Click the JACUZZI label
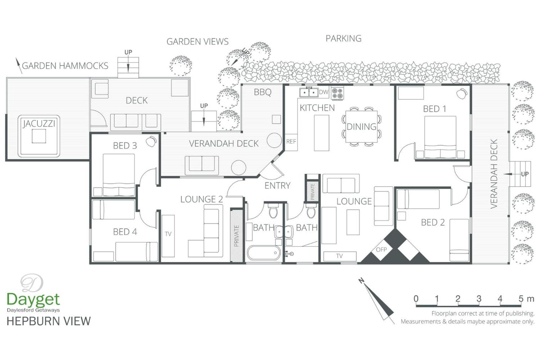coord(39,124)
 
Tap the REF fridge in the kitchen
coord(291,142)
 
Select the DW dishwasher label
coord(323,92)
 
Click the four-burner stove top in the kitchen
coord(337,94)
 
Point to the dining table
coord(361,127)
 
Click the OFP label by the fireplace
coord(381,249)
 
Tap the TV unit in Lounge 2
coord(168,236)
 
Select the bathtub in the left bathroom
coord(264,253)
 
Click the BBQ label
coord(262,92)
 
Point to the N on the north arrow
coord(361,280)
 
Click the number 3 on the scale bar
coord(479,298)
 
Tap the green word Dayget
coord(33,300)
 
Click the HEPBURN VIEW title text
coord(49,321)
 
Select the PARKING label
coord(343,38)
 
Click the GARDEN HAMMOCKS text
coord(65,66)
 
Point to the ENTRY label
coord(277,186)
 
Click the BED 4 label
coord(125,232)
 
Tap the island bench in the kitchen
coord(321,133)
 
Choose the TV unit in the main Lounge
coord(340,256)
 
